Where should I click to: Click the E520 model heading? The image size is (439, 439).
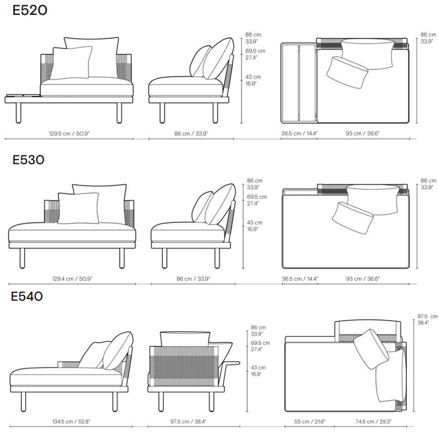point(30,11)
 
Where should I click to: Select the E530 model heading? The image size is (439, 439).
point(29,160)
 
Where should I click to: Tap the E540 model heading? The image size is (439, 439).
point(27,296)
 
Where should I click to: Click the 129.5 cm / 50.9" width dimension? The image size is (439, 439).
point(69,133)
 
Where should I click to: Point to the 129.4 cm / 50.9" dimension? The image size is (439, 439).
point(72,279)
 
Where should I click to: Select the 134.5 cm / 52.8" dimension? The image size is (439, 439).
point(71,421)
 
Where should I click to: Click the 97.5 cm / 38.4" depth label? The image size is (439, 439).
point(188,421)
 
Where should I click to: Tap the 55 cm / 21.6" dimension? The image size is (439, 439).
point(309,421)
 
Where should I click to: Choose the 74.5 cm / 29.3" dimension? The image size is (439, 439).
point(374,421)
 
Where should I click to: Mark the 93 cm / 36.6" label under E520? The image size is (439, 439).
point(363,133)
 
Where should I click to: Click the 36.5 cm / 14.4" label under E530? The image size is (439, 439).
point(300,279)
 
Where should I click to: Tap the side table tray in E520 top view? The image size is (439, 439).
point(299,83)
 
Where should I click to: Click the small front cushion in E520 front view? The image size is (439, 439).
point(71,63)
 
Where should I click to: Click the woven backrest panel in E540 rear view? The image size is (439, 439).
point(184,366)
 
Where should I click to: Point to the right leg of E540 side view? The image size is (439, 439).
point(115,402)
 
